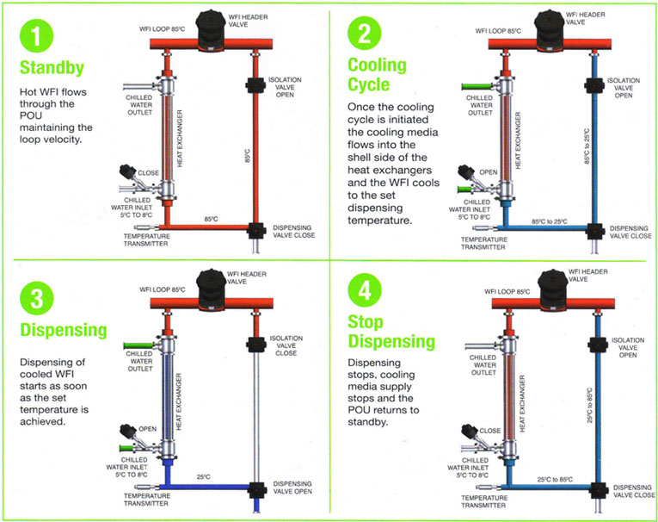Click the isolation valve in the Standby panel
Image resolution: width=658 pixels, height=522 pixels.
(255, 85)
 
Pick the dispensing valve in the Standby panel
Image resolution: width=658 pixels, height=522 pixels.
(255, 230)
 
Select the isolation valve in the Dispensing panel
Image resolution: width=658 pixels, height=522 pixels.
(255, 345)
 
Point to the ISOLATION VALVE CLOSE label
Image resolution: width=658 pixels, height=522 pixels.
(285, 345)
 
